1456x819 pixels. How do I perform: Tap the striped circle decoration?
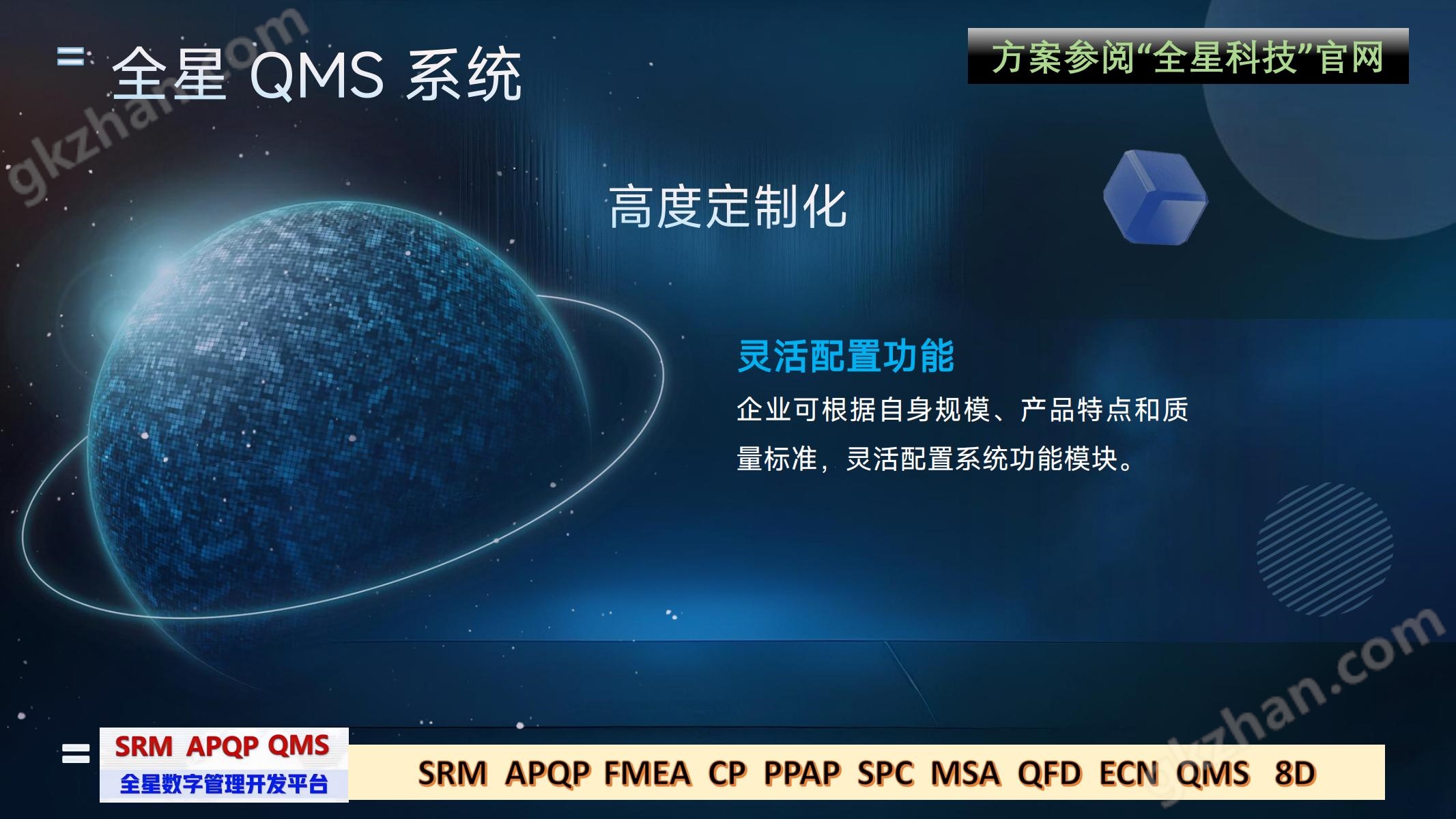[x=1324, y=549]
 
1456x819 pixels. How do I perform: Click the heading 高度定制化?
[x=728, y=207]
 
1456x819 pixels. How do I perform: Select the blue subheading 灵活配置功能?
[x=846, y=356]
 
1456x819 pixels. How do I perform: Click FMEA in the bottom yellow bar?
[x=647, y=773]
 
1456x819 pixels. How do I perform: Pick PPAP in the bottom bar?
[x=801, y=773]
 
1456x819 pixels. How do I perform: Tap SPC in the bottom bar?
[x=885, y=773]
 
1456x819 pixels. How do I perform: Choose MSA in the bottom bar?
[x=965, y=773]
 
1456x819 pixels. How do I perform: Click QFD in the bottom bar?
[x=1049, y=773]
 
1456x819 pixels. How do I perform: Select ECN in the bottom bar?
[x=1129, y=773]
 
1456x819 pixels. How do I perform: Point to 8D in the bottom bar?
[x=1294, y=773]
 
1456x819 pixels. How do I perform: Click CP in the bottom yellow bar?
[x=726, y=773]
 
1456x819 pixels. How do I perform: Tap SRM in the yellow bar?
[x=453, y=773]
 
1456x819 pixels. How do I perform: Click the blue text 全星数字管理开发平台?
[x=224, y=784]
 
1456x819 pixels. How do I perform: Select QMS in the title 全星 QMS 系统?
[x=317, y=75]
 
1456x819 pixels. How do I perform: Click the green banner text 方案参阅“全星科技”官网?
[x=1188, y=57]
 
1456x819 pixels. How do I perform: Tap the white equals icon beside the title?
[x=70, y=57]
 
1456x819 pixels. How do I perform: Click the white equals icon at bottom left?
[x=76, y=753]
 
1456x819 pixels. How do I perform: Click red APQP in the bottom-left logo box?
[x=223, y=747]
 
